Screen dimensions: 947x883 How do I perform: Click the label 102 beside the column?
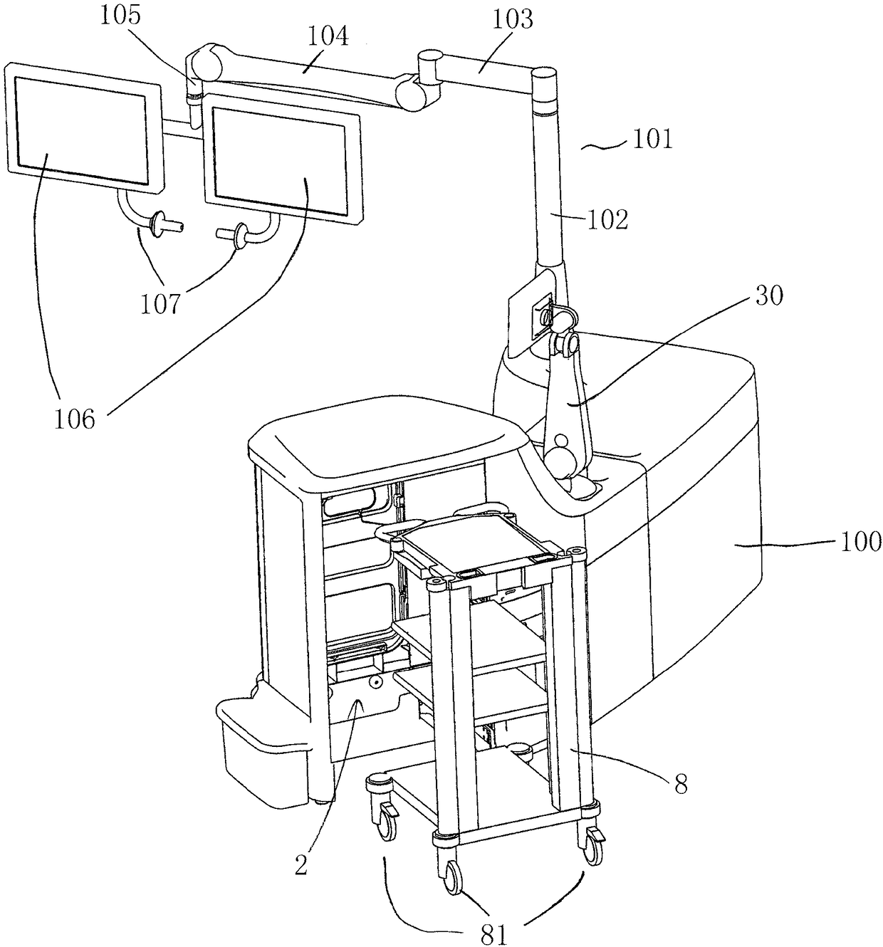607,220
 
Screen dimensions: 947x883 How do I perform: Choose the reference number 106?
75,418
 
